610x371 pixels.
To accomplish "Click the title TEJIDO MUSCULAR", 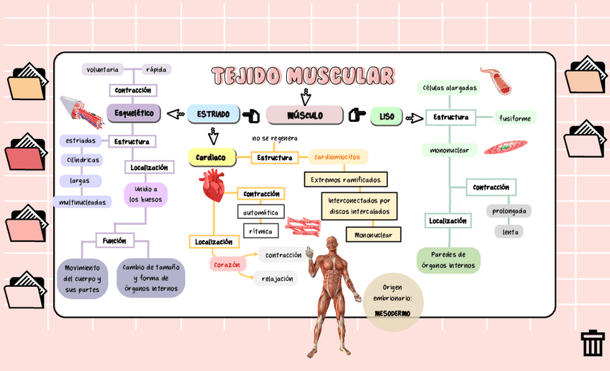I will (x=303, y=76).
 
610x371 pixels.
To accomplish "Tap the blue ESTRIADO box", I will (x=214, y=115).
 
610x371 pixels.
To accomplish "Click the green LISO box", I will (x=387, y=116).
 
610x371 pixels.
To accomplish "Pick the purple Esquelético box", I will (x=134, y=113).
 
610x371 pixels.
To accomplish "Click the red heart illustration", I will (x=214, y=185).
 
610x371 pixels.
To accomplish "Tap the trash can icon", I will (x=593, y=343).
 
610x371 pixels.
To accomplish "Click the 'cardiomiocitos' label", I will (x=338, y=156).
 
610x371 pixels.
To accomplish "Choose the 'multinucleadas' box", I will (x=83, y=202).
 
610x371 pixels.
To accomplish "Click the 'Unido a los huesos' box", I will (x=146, y=194).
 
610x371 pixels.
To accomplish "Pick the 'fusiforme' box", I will (x=515, y=117).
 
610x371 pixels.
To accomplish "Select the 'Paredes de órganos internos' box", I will (x=448, y=259).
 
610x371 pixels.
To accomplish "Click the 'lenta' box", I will (x=510, y=232).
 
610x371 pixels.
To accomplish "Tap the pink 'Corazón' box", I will (x=227, y=264).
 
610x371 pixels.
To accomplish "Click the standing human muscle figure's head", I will (x=331, y=242).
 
